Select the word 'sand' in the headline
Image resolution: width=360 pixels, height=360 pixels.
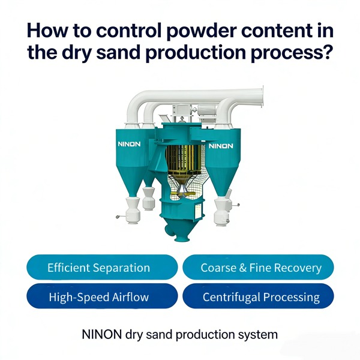point(118,52)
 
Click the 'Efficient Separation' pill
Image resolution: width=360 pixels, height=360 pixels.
point(102,267)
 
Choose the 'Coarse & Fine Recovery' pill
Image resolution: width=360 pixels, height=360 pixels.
point(258,267)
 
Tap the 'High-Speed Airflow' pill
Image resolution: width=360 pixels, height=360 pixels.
point(102,296)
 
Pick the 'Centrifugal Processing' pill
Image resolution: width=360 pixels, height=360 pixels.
point(258,296)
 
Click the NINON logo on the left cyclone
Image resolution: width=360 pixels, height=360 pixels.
point(129,144)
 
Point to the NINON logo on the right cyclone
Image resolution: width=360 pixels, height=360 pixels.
point(221,146)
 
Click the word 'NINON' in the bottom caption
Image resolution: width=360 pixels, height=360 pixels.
point(101,334)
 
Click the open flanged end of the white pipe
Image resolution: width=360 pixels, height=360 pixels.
point(262,97)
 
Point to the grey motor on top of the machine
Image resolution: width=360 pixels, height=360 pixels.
point(207,110)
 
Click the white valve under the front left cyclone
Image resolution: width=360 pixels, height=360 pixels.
point(133,211)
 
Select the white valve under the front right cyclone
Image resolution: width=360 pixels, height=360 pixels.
point(221,212)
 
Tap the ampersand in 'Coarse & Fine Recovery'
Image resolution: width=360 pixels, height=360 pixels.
point(243,268)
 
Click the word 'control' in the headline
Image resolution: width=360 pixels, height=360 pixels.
point(129,31)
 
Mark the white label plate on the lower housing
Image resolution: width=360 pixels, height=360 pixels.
point(197,211)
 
